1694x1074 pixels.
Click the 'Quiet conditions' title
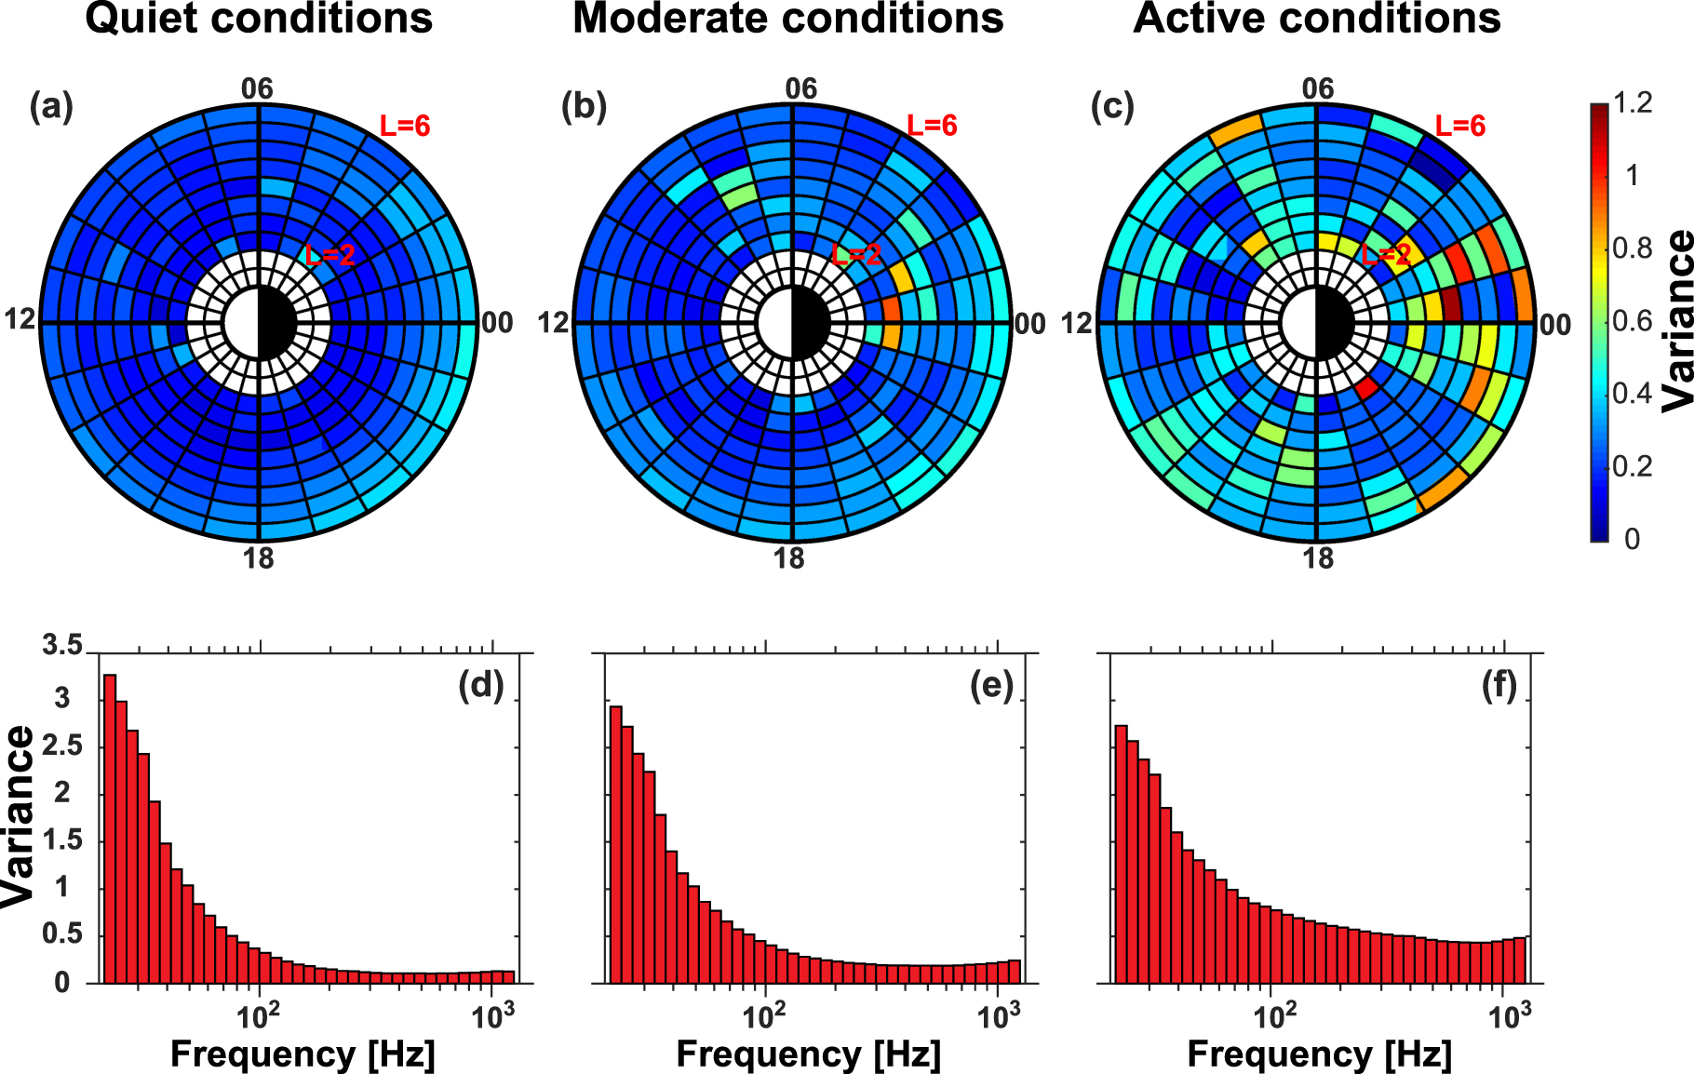(259, 19)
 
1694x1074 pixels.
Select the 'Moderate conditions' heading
(787, 19)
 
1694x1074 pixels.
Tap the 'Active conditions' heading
(1316, 19)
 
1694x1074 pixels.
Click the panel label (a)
(50, 107)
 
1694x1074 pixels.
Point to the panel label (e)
(991, 686)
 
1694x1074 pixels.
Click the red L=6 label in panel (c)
(1459, 126)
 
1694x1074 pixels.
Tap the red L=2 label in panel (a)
(330, 255)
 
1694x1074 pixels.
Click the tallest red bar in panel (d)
(110, 828)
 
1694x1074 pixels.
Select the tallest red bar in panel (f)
(1121, 852)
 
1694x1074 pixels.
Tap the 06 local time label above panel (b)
(800, 88)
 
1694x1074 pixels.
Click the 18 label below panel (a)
(259, 558)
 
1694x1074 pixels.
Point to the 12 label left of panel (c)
(1077, 324)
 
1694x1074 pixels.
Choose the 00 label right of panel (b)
(1029, 324)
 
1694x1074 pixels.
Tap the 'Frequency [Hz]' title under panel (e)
(808, 1054)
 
